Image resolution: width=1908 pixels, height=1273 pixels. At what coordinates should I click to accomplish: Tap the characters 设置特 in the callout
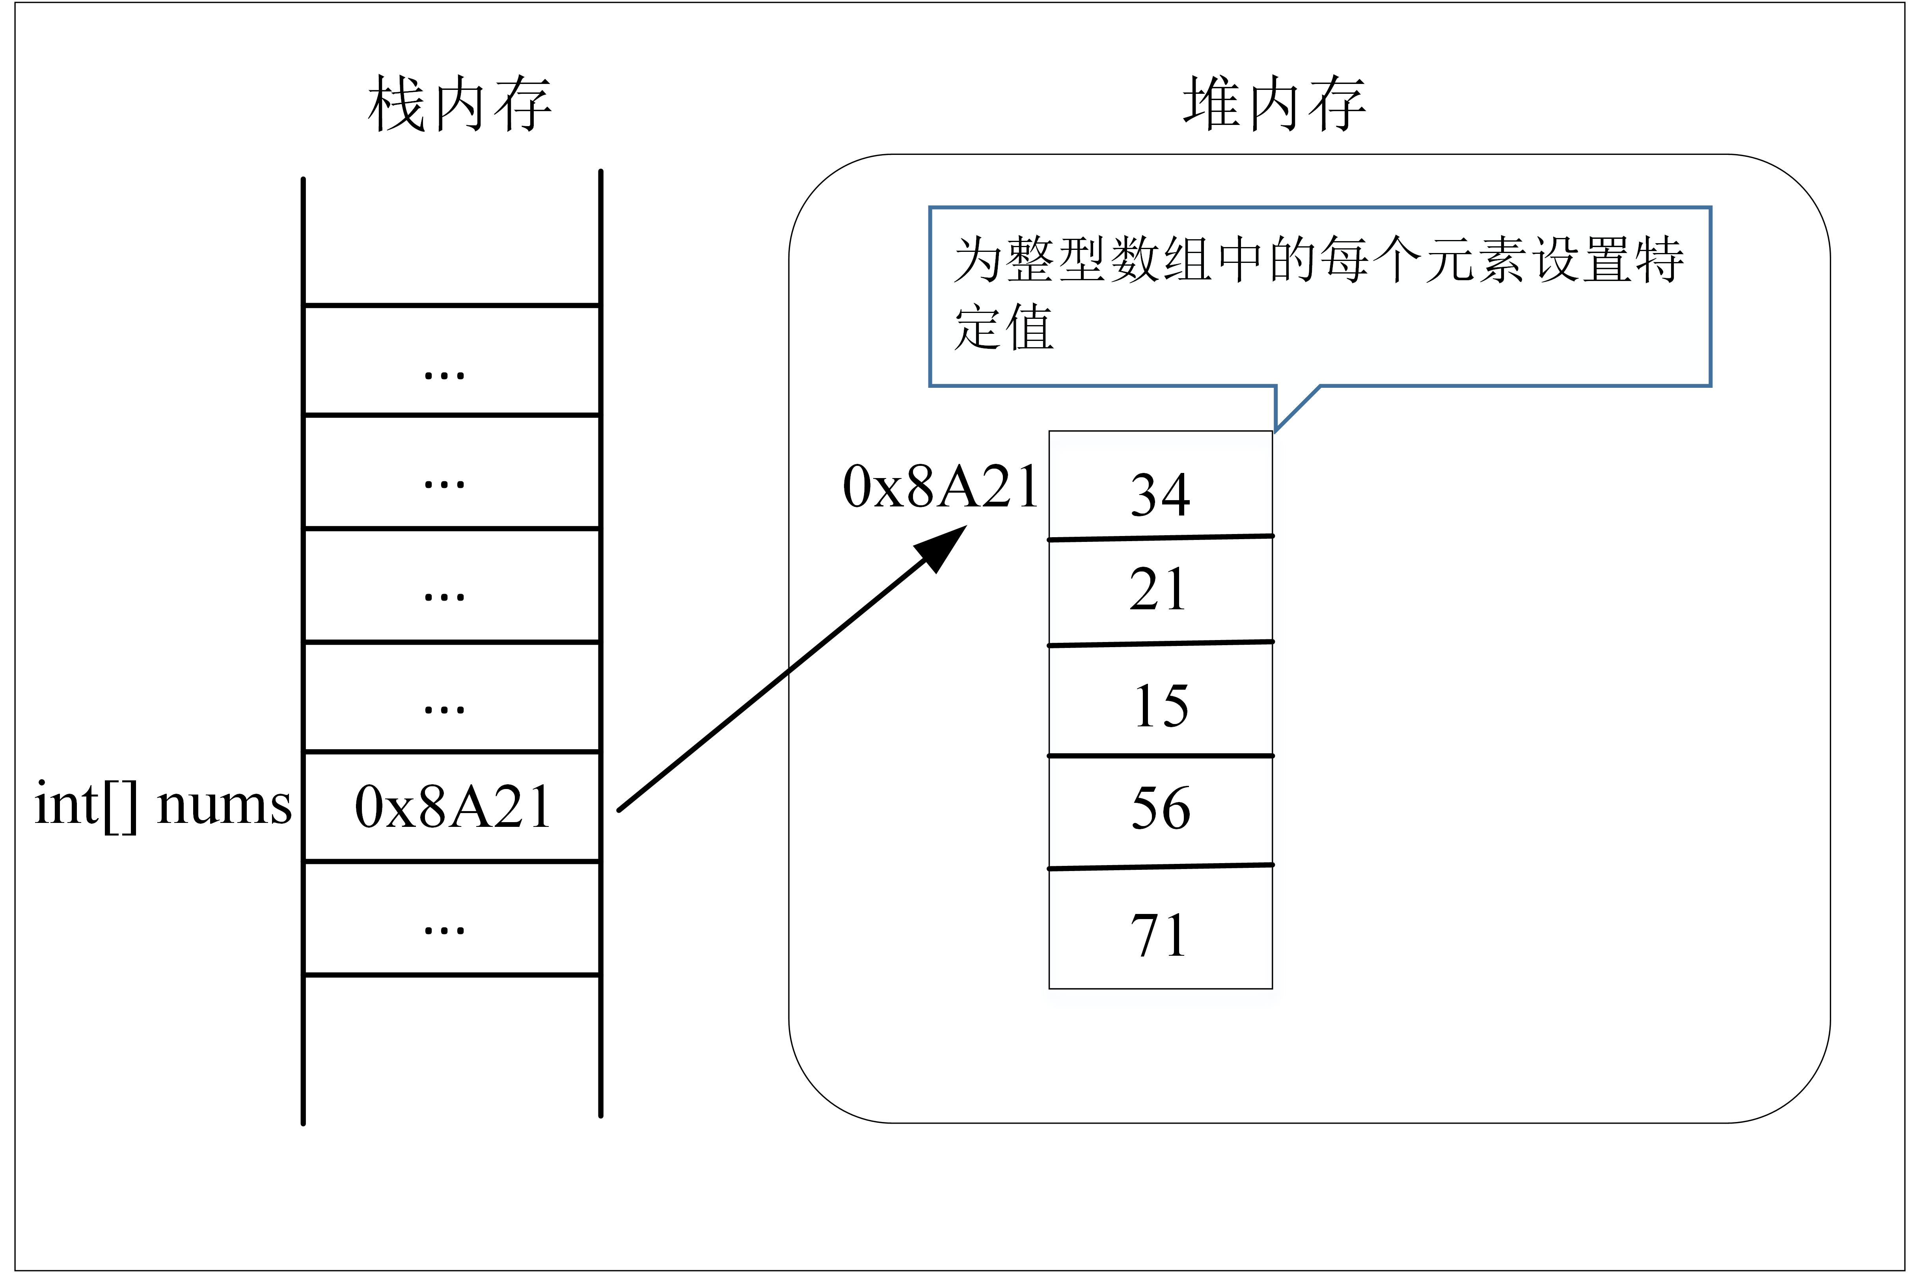click(1608, 260)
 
